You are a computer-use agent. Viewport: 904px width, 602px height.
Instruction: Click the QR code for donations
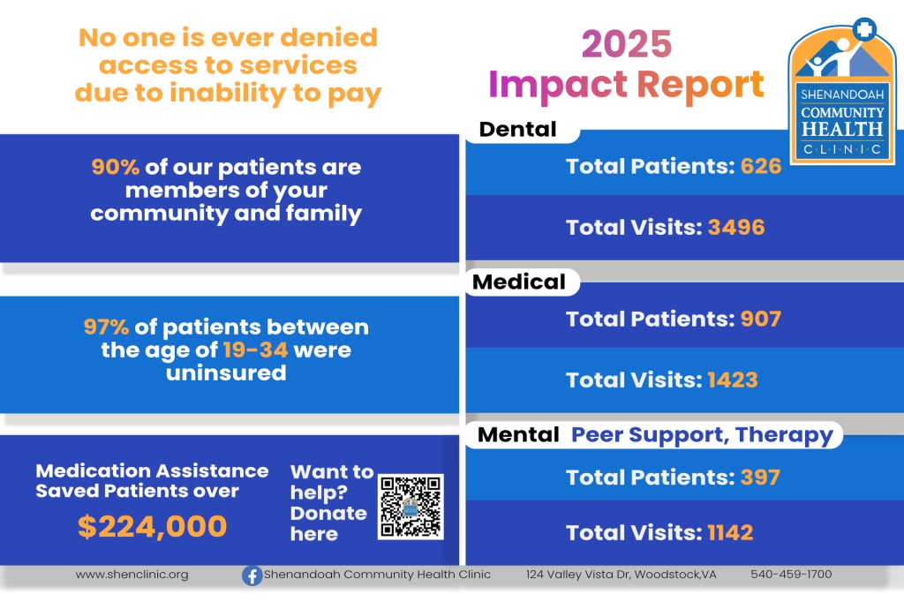click(411, 507)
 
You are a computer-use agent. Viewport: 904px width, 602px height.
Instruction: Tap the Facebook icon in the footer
click(252, 576)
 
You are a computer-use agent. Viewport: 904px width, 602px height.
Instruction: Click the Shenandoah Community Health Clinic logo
click(841, 93)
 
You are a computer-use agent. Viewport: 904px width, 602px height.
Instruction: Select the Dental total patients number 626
click(761, 166)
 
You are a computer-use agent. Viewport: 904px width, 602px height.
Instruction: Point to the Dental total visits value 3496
click(736, 227)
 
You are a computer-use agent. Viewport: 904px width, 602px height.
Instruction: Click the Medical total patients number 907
click(761, 319)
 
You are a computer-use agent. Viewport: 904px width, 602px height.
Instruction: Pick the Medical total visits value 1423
click(732, 380)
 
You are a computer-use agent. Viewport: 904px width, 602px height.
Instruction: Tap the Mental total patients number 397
click(760, 478)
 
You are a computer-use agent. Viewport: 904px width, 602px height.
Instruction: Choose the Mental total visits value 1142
click(730, 533)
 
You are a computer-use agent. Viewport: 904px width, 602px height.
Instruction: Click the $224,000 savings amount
click(152, 526)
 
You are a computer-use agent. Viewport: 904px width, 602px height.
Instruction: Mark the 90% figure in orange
click(116, 167)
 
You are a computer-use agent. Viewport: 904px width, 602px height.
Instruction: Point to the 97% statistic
click(106, 327)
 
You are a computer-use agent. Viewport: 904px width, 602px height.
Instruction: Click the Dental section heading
click(517, 129)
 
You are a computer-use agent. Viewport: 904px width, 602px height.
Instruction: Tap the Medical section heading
click(519, 282)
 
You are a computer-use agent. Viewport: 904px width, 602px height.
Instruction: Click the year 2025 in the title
click(627, 44)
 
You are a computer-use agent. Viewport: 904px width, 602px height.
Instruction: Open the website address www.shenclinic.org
click(132, 575)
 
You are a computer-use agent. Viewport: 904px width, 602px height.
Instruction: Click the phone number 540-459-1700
click(791, 574)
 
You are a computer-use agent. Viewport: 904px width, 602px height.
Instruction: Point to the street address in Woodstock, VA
click(621, 575)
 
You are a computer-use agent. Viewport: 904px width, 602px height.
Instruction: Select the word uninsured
click(226, 373)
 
